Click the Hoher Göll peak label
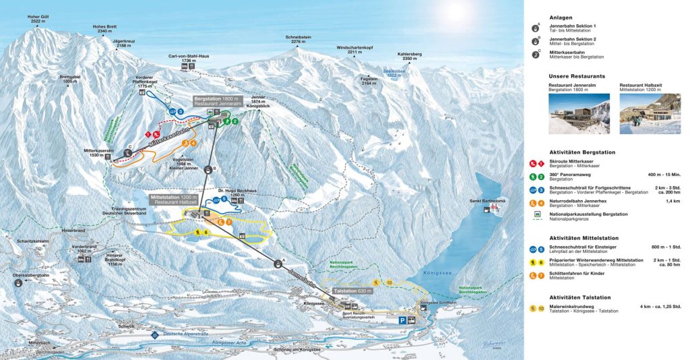point(24,18)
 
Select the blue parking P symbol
point(403,321)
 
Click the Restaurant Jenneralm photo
point(578,113)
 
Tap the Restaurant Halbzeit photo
point(650,113)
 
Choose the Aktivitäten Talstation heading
point(579,297)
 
